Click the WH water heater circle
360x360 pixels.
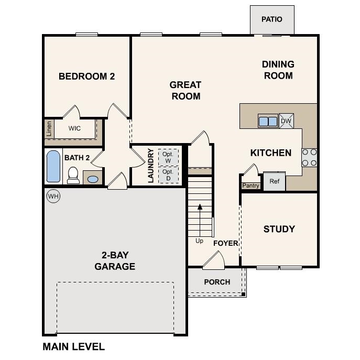[53, 196]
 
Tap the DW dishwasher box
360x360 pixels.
[286, 121]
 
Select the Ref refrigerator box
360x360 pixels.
[275, 181]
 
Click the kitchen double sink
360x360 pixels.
[268, 121]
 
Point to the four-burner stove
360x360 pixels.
[309, 157]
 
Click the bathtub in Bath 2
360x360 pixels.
[53, 166]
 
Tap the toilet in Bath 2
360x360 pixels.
[73, 175]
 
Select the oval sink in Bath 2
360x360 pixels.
[92, 179]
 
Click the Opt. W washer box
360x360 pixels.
[168, 157]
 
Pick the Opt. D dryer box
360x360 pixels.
[168, 174]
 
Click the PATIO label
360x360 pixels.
[271, 19]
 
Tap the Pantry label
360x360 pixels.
[250, 186]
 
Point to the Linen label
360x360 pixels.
[49, 128]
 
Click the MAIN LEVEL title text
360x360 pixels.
[73, 346]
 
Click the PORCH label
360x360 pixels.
[217, 282]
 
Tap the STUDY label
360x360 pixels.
[279, 229]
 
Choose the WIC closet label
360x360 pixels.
[74, 128]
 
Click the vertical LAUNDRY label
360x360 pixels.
[150, 166]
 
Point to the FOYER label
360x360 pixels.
[225, 243]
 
